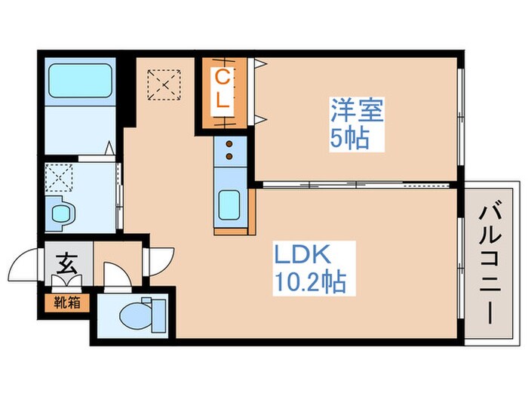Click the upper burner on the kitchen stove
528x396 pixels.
(227, 144)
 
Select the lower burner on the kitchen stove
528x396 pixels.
(227, 158)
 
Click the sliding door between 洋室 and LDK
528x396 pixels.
(355, 183)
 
